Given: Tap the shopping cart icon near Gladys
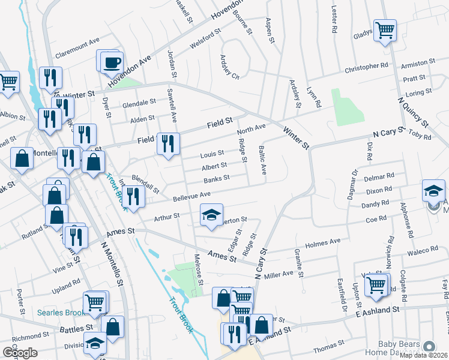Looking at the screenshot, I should click(x=385, y=29).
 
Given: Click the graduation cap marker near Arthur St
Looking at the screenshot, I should click(x=211, y=215).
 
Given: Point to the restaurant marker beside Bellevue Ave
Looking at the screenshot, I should click(x=133, y=196).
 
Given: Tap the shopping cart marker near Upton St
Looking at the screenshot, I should click(x=376, y=285).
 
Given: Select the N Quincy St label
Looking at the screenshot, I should click(x=414, y=108).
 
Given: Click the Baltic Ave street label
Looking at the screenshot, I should click(x=262, y=160).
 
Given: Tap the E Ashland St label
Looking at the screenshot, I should click(x=377, y=310).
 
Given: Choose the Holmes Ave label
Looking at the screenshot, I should click(x=322, y=242).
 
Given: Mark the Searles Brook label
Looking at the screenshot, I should click(x=58, y=313).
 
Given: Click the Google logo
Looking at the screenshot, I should click(x=20, y=353).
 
